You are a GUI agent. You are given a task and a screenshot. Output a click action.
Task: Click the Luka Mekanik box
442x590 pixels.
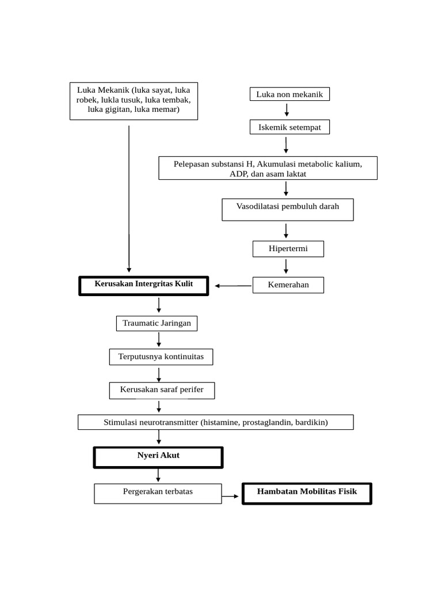coord(134,101)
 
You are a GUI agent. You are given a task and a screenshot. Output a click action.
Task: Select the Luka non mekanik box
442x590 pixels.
coord(289,94)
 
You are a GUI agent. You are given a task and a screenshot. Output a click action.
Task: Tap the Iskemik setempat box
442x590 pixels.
coord(289,127)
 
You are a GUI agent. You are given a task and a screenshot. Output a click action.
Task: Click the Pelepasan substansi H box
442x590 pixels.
coord(268,168)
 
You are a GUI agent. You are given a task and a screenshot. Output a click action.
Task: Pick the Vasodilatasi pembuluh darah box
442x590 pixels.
coord(288,210)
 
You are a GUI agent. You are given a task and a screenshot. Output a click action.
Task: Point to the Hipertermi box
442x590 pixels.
coord(288,249)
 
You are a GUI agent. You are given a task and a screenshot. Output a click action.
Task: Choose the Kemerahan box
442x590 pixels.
coord(288,285)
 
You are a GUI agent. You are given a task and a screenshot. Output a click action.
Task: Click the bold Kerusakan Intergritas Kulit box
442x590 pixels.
coord(144,285)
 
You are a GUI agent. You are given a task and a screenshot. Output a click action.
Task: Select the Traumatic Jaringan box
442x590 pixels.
coord(157,324)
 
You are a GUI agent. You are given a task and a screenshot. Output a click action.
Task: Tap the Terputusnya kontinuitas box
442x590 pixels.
coord(161,357)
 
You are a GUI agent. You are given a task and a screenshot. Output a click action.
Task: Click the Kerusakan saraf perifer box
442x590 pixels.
coord(162,390)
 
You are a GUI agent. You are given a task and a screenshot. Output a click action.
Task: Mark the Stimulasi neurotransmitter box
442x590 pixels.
coord(215,422)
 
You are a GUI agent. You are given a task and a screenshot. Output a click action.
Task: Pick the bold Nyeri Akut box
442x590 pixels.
coord(158,457)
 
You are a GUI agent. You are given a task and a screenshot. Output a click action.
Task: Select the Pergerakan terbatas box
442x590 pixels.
coord(158,493)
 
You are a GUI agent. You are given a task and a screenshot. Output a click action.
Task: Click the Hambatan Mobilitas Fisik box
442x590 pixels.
coord(307,493)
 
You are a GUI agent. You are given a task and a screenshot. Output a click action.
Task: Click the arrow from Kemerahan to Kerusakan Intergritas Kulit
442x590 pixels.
coord(233,285)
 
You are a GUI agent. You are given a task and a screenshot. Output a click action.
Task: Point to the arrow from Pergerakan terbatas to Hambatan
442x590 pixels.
coord(231,496)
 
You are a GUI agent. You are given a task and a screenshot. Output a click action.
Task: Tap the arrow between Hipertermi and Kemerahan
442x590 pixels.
coord(286,267)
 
